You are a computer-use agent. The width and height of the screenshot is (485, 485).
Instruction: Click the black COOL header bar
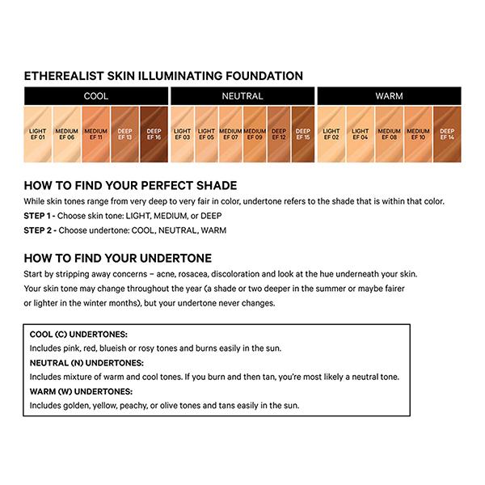tap(95, 96)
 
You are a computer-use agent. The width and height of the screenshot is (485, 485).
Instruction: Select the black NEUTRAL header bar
tap(242, 96)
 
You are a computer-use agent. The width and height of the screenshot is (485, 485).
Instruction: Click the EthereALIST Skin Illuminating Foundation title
tap(163, 76)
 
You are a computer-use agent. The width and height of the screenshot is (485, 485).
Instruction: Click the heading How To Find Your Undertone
tap(118, 258)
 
